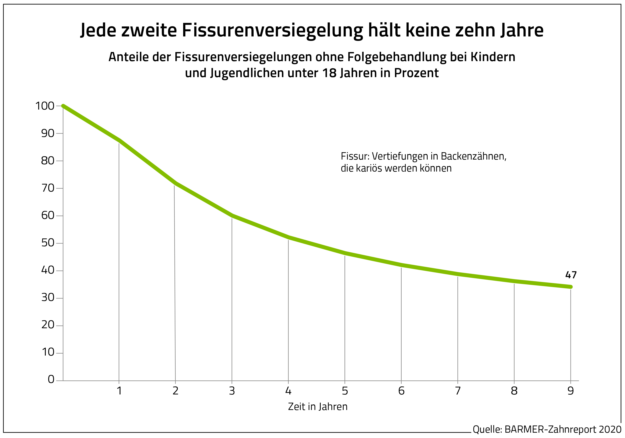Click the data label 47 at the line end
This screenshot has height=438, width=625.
pos(571,275)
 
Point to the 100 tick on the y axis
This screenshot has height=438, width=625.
pos(45,106)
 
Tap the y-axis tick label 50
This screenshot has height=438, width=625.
pos(48,243)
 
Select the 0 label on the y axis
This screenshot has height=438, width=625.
pos(51,380)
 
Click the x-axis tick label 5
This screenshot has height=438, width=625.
pos(345,391)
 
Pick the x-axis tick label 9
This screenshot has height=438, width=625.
pos(571,391)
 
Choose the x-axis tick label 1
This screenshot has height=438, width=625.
pos(119,391)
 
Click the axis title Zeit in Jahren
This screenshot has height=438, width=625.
pos(318,407)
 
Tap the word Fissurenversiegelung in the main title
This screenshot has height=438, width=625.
pos(272,30)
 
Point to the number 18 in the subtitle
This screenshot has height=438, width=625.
pos(330,73)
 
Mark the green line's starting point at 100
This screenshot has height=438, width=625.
pos(63,106)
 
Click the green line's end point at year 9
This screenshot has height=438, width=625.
pos(571,287)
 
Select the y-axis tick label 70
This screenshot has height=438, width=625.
pos(48,188)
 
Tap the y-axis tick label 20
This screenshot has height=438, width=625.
pos(48,325)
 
